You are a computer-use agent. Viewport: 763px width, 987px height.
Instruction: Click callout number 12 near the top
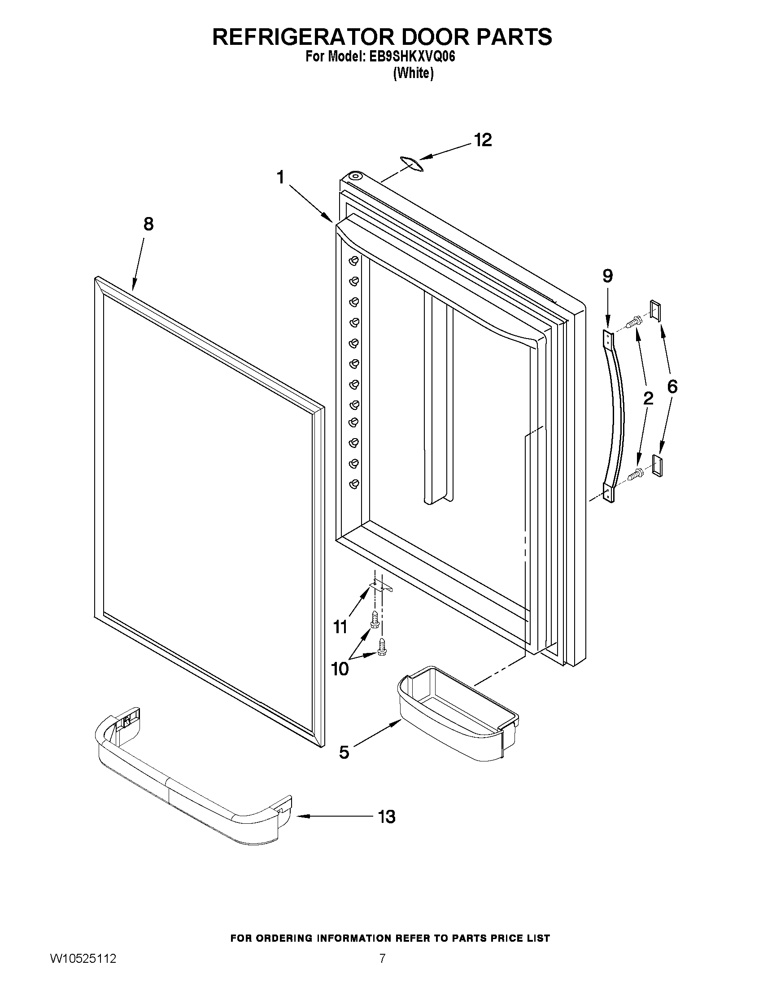483,140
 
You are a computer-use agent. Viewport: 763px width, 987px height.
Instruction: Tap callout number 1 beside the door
281,178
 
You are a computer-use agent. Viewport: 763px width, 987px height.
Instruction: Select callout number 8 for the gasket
148,224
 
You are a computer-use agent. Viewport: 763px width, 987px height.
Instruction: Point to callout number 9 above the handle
607,276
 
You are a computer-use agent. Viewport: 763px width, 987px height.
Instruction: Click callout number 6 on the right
672,387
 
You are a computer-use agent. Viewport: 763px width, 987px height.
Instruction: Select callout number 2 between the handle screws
648,398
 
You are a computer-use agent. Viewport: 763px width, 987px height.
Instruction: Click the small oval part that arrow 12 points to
411,164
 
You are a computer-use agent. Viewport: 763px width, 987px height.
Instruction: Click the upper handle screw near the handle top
634,322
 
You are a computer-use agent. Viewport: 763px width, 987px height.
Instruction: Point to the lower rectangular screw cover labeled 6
657,466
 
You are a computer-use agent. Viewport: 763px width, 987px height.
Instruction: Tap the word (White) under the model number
413,73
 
